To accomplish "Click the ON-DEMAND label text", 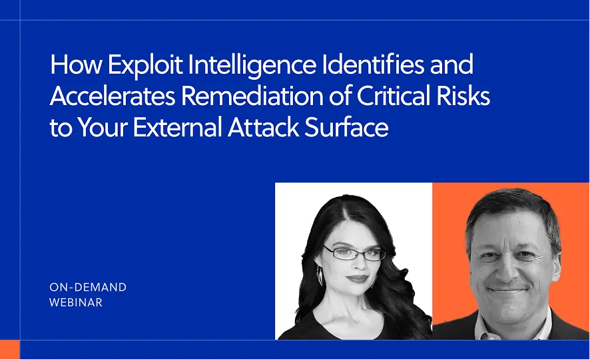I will (x=88, y=287).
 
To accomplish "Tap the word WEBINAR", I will (x=76, y=303).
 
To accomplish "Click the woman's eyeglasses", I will (x=354, y=254).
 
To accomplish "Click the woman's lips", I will (x=356, y=279).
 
